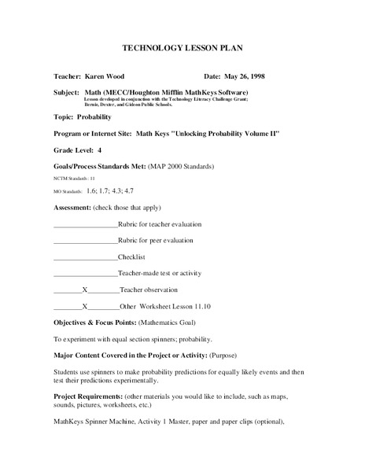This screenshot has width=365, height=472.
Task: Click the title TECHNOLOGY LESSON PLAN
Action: tap(182, 48)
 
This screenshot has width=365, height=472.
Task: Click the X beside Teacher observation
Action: tap(84, 289)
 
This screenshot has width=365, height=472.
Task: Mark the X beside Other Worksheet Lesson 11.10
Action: tap(84, 306)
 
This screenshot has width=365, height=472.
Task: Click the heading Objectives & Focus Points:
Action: tap(95, 323)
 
